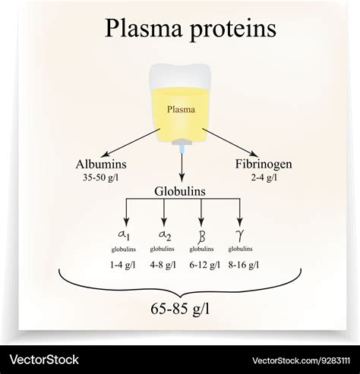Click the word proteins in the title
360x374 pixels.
pyautogui.click(x=232, y=30)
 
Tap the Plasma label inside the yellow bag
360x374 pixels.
pyautogui.click(x=181, y=109)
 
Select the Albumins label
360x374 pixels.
pyautogui.click(x=101, y=164)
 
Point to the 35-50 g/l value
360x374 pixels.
pyautogui.click(x=100, y=178)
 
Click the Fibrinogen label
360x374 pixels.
pyautogui.click(x=264, y=165)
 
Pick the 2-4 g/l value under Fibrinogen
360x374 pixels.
pyautogui.click(x=264, y=178)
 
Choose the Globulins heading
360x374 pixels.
pyautogui.click(x=180, y=191)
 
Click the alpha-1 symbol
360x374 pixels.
pyautogui.click(x=124, y=235)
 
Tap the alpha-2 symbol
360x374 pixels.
pyautogui.click(x=165, y=235)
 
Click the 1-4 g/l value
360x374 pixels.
pyautogui.click(x=123, y=265)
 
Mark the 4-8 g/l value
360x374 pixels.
pyautogui.click(x=163, y=265)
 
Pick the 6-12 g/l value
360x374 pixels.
pyautogui.click(x=205, y=265)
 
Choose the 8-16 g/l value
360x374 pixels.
pyautogui.click(x=244, y=265)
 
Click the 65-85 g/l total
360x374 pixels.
pyautogui.click(x=180, y=309)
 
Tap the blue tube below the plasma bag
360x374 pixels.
pyautogui.click(x=182, y=149)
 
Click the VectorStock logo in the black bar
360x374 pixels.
pyautogui.click(x=44, y=360)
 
